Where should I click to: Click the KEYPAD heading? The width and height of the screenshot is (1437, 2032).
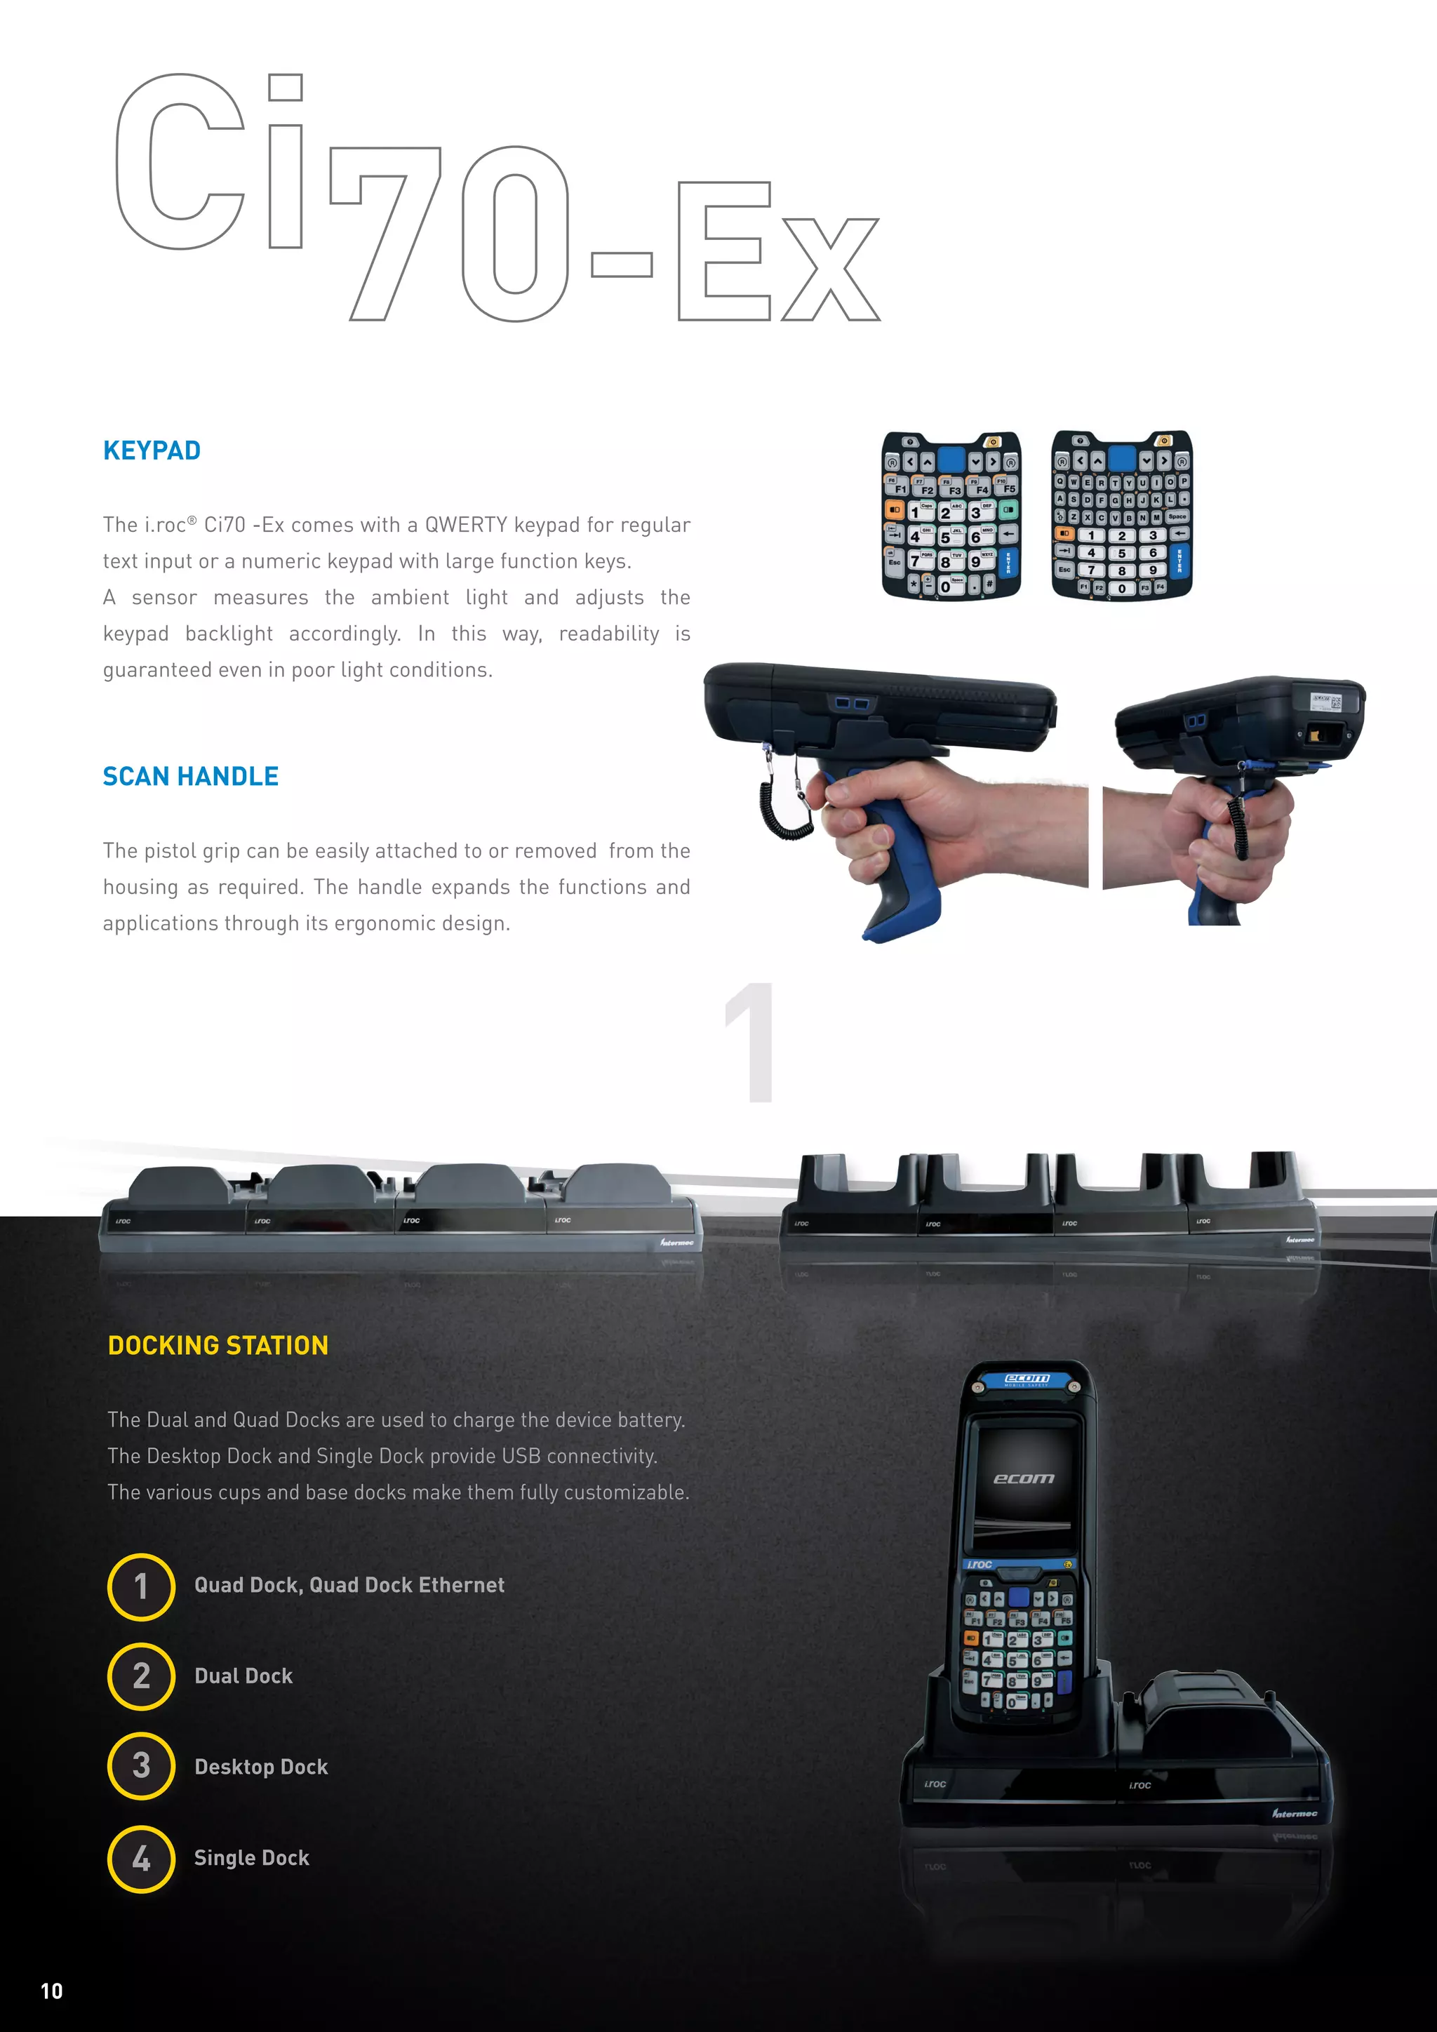click(x=152, y=450)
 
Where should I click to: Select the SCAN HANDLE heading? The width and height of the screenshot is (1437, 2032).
click(x=190, y=776)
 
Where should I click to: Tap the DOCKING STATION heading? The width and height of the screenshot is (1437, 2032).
click(x=218, y=1345)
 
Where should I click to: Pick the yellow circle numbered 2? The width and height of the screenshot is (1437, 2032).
click(x=141, y=1676)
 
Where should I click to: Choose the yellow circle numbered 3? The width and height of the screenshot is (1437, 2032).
click(x=141, y=1767)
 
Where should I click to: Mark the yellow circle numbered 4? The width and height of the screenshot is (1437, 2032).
click(x=141, y=1858)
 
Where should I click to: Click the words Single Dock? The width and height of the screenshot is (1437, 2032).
click(x=251, y=1858)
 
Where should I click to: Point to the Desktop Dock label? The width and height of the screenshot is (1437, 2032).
click(x=261, y=1767)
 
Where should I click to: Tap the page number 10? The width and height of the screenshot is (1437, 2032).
click(x=52, y=1991)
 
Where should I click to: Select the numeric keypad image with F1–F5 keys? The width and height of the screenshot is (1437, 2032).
click(x=951, y=515)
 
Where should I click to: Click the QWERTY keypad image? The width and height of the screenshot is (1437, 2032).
click(x=1121, y=515)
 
